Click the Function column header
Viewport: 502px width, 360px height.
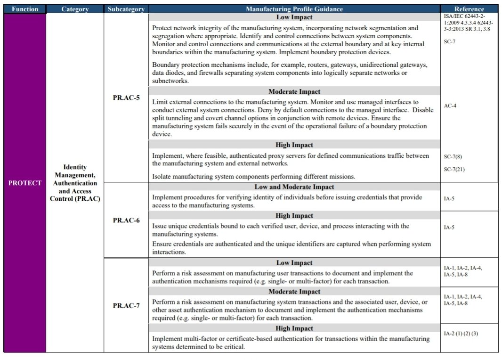click(x=24, y=9)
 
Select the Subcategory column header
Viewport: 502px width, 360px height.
click(x=126, y=9)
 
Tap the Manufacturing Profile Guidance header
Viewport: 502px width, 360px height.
click(x=294, y=9)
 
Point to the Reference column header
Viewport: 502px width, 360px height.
click(x=469, y=9)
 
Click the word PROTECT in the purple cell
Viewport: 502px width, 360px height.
click(x=24, y=183)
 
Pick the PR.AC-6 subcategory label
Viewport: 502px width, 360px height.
click(x=126, y=220)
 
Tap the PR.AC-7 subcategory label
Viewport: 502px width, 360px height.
click(x=126, y=305)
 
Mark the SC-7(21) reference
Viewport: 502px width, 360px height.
click(x=454, y=169)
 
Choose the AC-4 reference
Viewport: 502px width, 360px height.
click(x=450, y=106)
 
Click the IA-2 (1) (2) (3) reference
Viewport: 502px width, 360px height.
click(x=461, y=334)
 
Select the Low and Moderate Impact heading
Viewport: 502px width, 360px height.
click(x=294, y=187)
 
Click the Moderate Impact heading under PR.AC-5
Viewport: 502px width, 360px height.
click(x=294, y=91)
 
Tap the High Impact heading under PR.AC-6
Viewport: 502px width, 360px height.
click(x=294, y=215)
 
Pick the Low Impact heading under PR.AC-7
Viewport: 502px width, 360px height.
click(x=294, y=262)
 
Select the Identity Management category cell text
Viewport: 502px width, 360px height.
click(x=75, y=183)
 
